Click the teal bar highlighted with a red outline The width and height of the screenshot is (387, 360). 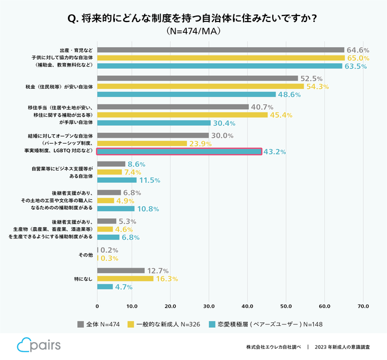[x=179, y=151]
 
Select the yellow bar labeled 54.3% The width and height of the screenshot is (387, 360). [x=200, y=86]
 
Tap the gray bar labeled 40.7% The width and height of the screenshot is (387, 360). [x=173, y=107]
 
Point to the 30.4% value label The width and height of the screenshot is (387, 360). [x=224, y=123]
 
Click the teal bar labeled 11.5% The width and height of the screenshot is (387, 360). [x=117, y=180]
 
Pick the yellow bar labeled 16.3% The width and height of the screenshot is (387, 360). [x=125, y=279]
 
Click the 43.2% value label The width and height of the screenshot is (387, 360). [x=274, y=152]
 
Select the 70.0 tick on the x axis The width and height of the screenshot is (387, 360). [x=363, y=306]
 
